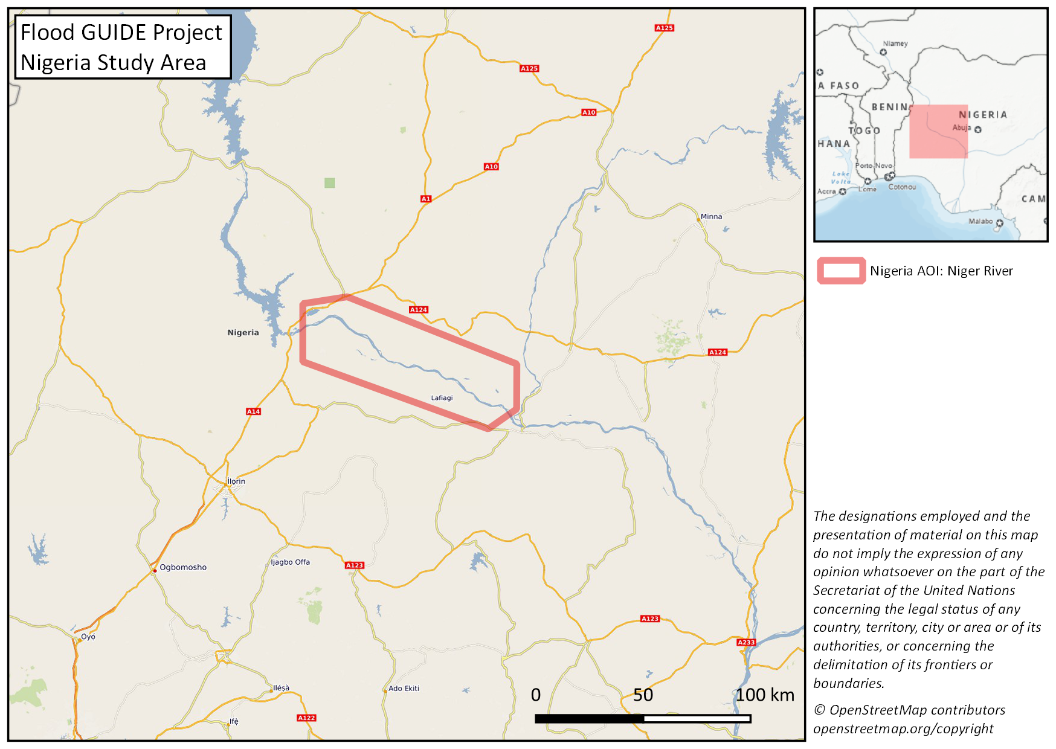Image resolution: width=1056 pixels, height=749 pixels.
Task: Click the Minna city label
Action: coord(711,216)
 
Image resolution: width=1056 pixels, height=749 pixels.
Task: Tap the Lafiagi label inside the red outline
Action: coord(442,397)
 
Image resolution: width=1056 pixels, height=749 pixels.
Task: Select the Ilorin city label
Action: coord(236,481)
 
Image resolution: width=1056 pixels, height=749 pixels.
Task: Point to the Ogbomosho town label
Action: coord(182,567)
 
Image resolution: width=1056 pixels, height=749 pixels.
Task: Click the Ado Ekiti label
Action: coord(404,689)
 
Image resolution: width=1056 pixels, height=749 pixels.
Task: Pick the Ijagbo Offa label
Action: coord(290,562)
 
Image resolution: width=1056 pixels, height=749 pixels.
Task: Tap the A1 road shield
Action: coord(426,199)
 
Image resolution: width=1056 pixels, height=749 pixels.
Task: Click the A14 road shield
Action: coord(253,411)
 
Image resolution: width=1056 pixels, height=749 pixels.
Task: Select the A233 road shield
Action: coord(746,642)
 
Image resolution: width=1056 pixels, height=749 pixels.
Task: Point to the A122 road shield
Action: coord(306,718)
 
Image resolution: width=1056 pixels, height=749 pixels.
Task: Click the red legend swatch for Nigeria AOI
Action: coord(841,271)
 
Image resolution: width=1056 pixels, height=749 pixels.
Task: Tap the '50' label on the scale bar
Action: coord(643,695)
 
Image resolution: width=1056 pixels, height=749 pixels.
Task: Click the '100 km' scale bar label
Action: coord(765,695)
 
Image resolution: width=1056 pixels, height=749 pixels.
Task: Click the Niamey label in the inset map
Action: coord(895,43)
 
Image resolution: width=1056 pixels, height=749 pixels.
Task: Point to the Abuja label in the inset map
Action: coord(961,127)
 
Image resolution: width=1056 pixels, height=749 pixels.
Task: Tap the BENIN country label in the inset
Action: coord(890,107)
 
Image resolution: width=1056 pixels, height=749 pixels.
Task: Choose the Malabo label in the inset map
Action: coord(980,221)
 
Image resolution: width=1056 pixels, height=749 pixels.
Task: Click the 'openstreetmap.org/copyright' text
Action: coord(903,729)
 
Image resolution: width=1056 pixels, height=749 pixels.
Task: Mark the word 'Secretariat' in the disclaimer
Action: coord(853,591)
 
